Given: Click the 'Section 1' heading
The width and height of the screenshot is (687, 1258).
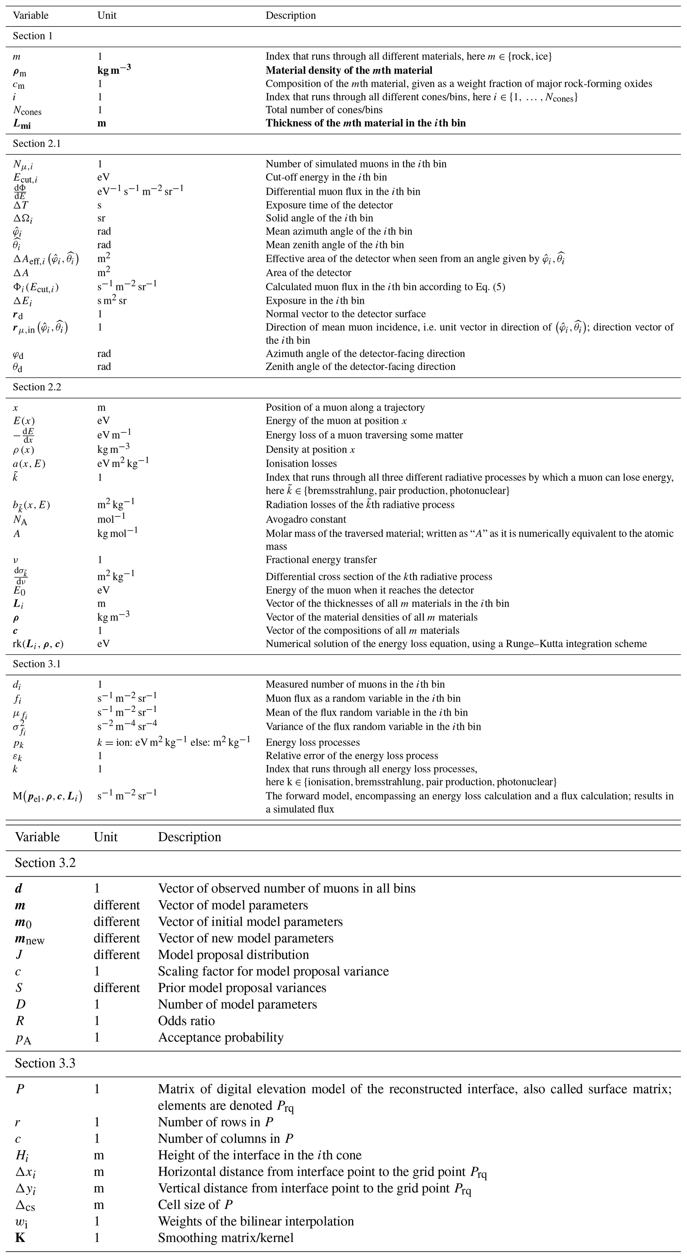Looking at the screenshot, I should pyautogui.click(x=32, y=36).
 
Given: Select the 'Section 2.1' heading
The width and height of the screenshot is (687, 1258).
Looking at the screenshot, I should pyautogui.click(x=37, y=144).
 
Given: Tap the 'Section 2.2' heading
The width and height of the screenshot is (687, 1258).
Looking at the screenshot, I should pyautogui.click(x=37, y=387).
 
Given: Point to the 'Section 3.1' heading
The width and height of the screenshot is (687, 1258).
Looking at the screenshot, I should pyautogui.click(x=37, y=664).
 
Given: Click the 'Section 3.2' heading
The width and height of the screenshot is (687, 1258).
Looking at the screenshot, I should pyautogui.click(x=45, y=863).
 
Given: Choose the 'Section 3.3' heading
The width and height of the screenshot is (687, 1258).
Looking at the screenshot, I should pyautogui.click(x=45, y=1063).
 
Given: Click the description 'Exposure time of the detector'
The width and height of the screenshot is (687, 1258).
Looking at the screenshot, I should pyautogui.click(x=329, y=205).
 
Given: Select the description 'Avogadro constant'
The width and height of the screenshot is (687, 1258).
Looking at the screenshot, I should pyautogui.click(x=306, y=519).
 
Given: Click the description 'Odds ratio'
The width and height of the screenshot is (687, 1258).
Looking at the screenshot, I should pyautogui.click(x=186, y=1021).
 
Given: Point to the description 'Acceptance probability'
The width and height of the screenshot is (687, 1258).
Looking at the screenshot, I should pyautogui.click(x=220, y=1037).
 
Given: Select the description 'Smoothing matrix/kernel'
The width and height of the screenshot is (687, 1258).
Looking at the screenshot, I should pyautogui.click(x=226, y=1237).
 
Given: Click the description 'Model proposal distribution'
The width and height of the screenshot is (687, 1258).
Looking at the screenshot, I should pyautogui.click(x=233, y=955).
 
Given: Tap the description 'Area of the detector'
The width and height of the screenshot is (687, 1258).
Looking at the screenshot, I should pyautogui.click(x=308, y=273).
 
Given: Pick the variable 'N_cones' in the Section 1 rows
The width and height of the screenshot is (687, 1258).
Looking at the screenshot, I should pyautogui.click(x=27, y=110).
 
